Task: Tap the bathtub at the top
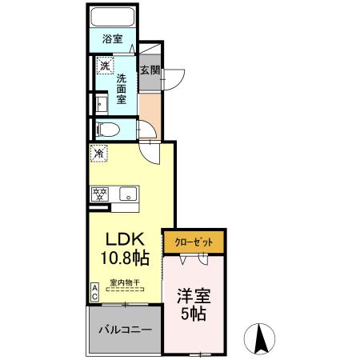(112, 18)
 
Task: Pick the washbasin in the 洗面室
(101, 103)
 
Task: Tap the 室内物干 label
(125, 282)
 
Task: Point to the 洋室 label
(193, 294)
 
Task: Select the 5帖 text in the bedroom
(193, 314)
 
